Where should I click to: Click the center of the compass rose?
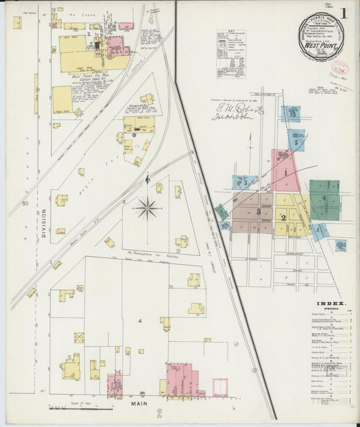pyautogui.click(x=147, y=207)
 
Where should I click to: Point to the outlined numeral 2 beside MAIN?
pyautogui.click(x=159, y=413)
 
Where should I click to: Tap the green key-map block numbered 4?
pyautogui.click(x=324, y=198)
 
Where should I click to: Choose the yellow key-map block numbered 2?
pyautogui.click(x=284, y=217)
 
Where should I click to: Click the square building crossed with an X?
pyautogui.click(x=79, y=337)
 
